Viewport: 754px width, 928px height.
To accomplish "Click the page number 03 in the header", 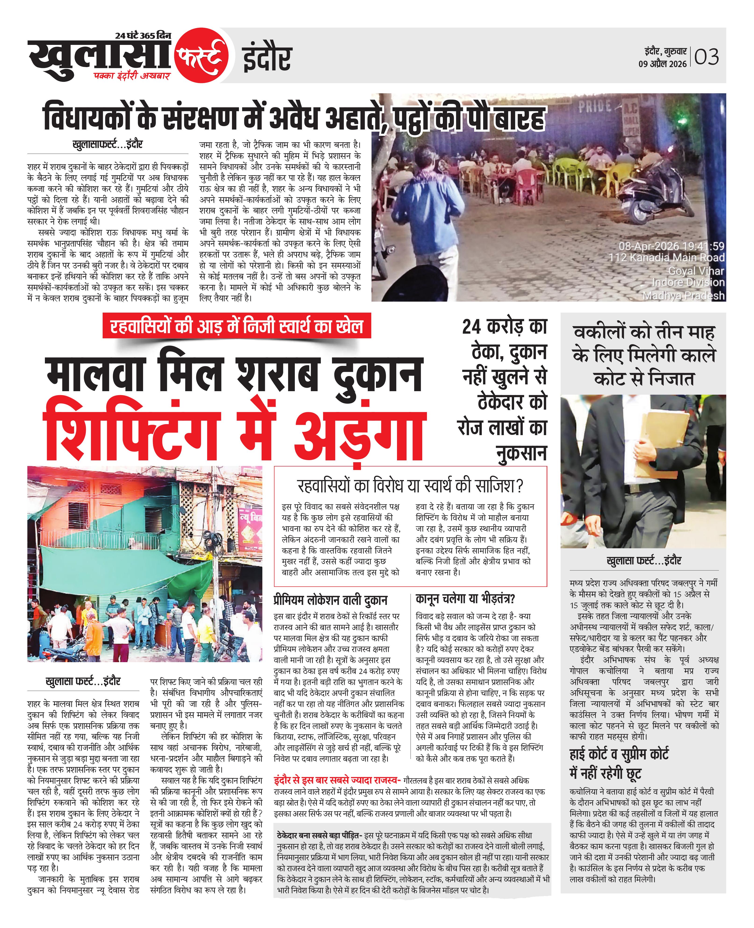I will (707, 57).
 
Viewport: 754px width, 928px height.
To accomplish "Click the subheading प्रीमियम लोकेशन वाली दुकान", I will (330, 600).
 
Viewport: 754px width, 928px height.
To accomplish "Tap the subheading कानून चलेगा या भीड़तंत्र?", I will (465, 599).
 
